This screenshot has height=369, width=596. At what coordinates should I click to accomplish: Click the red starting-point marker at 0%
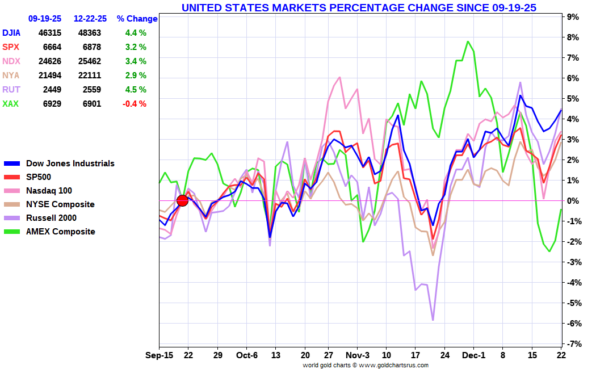point(182,200)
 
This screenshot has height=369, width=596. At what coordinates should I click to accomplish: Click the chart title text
point(359,7)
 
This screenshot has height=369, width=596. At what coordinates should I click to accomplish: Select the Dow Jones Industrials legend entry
point(60,163)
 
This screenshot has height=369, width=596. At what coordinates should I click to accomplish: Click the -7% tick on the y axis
point(572,344)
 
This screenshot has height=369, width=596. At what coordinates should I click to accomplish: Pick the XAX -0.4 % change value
point(135,104)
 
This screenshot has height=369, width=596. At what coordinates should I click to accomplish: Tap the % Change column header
point(137,19)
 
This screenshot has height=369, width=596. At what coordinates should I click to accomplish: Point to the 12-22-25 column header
point(90,19)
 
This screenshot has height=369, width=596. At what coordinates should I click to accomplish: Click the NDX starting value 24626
point(49,61)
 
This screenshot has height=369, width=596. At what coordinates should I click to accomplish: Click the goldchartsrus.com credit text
point(365,365)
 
